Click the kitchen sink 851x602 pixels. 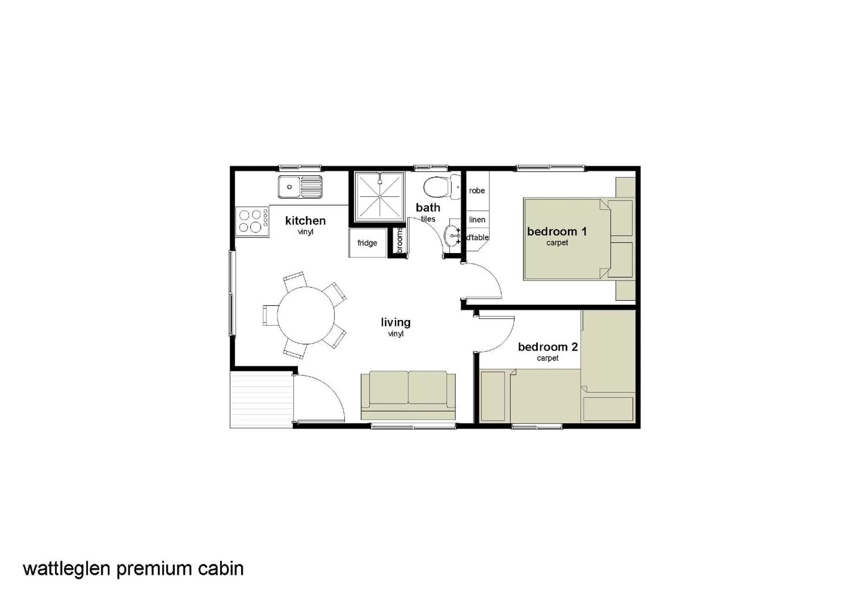click(300, 186)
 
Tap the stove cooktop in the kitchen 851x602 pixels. click(252, 221)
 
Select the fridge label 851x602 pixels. click(367, 243)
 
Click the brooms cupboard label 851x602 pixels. click(400, 241)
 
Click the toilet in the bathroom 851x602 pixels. click(441, 187)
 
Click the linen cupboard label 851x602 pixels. click(477, 220)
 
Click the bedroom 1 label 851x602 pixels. click(557, 232)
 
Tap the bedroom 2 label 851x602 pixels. click(547, 347)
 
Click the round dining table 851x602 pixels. click(306, 315)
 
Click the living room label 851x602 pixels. click(396, 322)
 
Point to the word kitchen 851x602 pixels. click(305, 221)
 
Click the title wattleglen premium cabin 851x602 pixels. click(133, 569)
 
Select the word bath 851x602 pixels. click(428, 207)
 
